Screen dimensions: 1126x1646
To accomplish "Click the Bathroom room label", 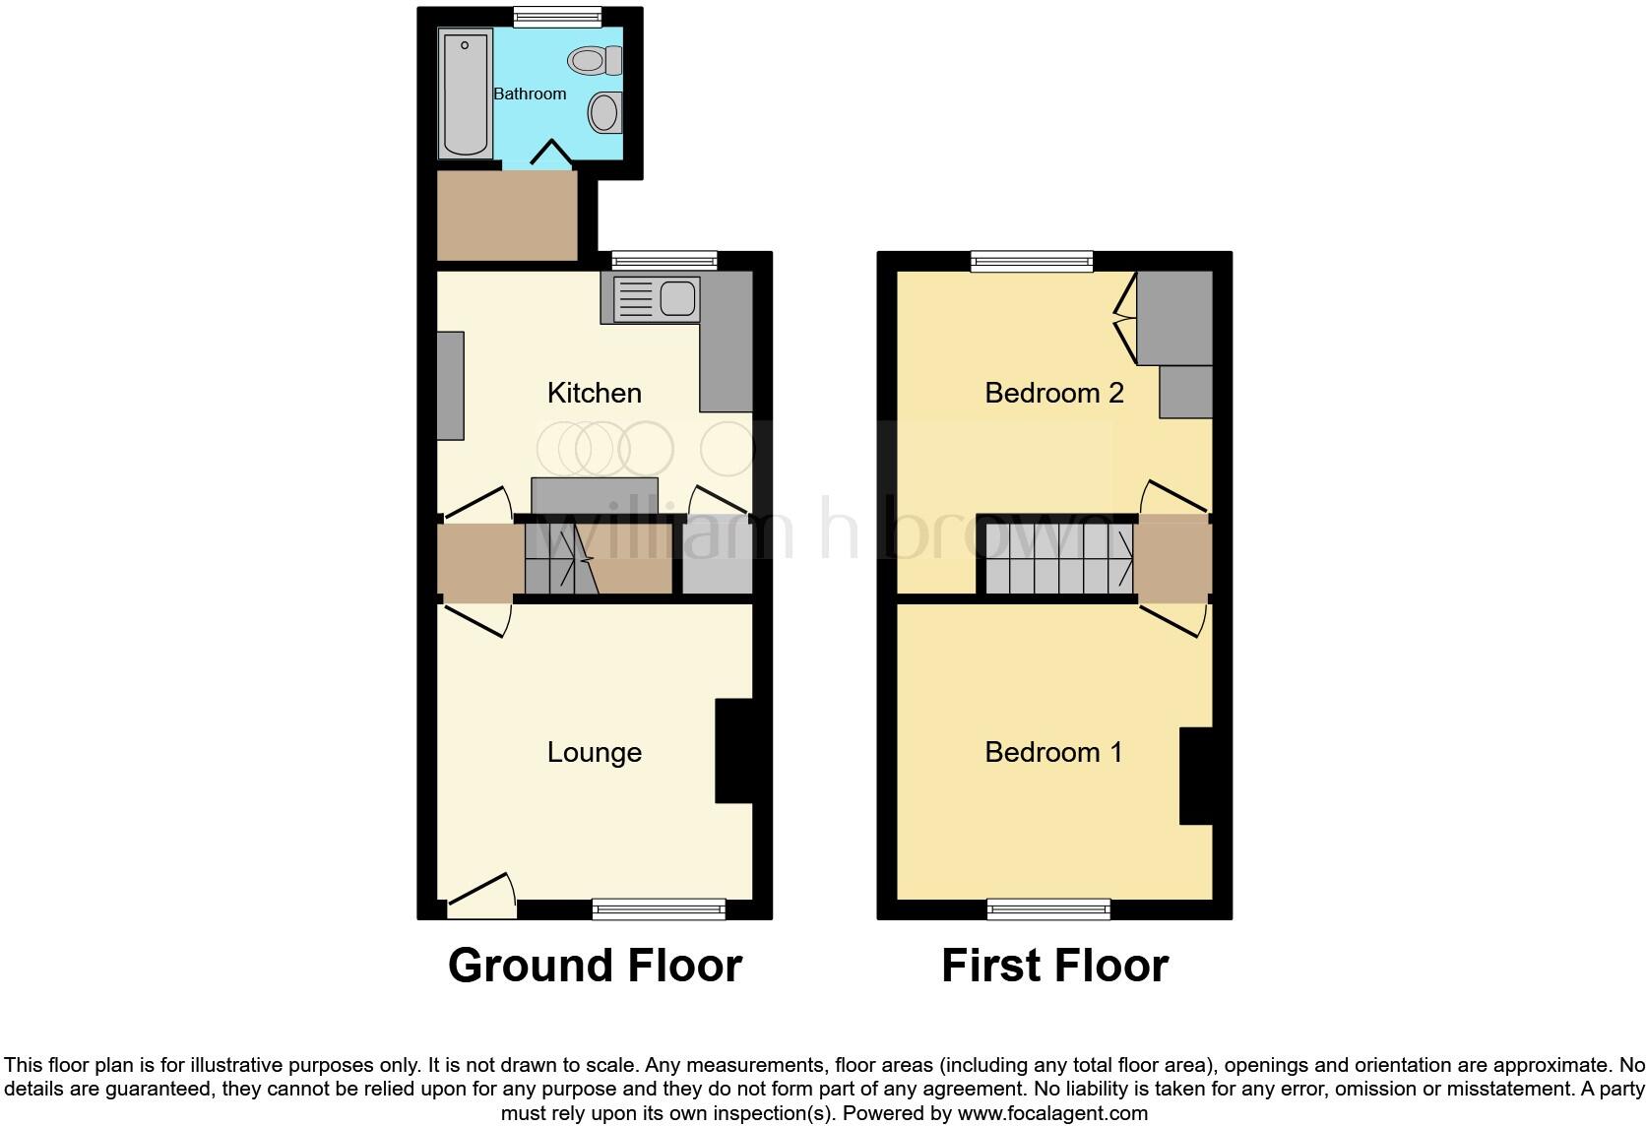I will click(530, 94).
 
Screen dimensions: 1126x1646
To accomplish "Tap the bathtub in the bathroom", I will click(465, 94).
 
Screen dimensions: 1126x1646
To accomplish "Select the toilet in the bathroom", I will click(595, 61).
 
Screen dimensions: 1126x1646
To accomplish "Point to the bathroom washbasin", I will click(604, 112).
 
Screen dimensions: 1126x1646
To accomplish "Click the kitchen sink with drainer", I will click(656, 299).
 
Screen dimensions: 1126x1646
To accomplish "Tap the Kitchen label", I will click(595, 393).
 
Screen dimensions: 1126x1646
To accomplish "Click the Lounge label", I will click(595, 752).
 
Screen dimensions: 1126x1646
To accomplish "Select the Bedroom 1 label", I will click(1053, 752).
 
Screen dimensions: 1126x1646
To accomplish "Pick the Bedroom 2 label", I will click(1054, 393).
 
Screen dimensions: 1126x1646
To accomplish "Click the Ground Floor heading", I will click(595, 966).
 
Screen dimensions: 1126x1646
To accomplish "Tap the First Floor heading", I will click(1054, 966).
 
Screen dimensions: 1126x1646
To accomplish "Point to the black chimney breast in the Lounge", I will click(733, 750).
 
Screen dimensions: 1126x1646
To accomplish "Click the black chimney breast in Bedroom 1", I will click(1196, 776).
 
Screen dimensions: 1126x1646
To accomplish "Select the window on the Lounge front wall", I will click(659, 909).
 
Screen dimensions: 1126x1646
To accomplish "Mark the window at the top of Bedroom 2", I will click(1032, 261).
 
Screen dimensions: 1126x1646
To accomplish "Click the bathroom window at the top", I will click(558, 16).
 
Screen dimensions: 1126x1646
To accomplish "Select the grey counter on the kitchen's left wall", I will click(450, 386).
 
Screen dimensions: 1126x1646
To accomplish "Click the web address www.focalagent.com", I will click(1052, 1114).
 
